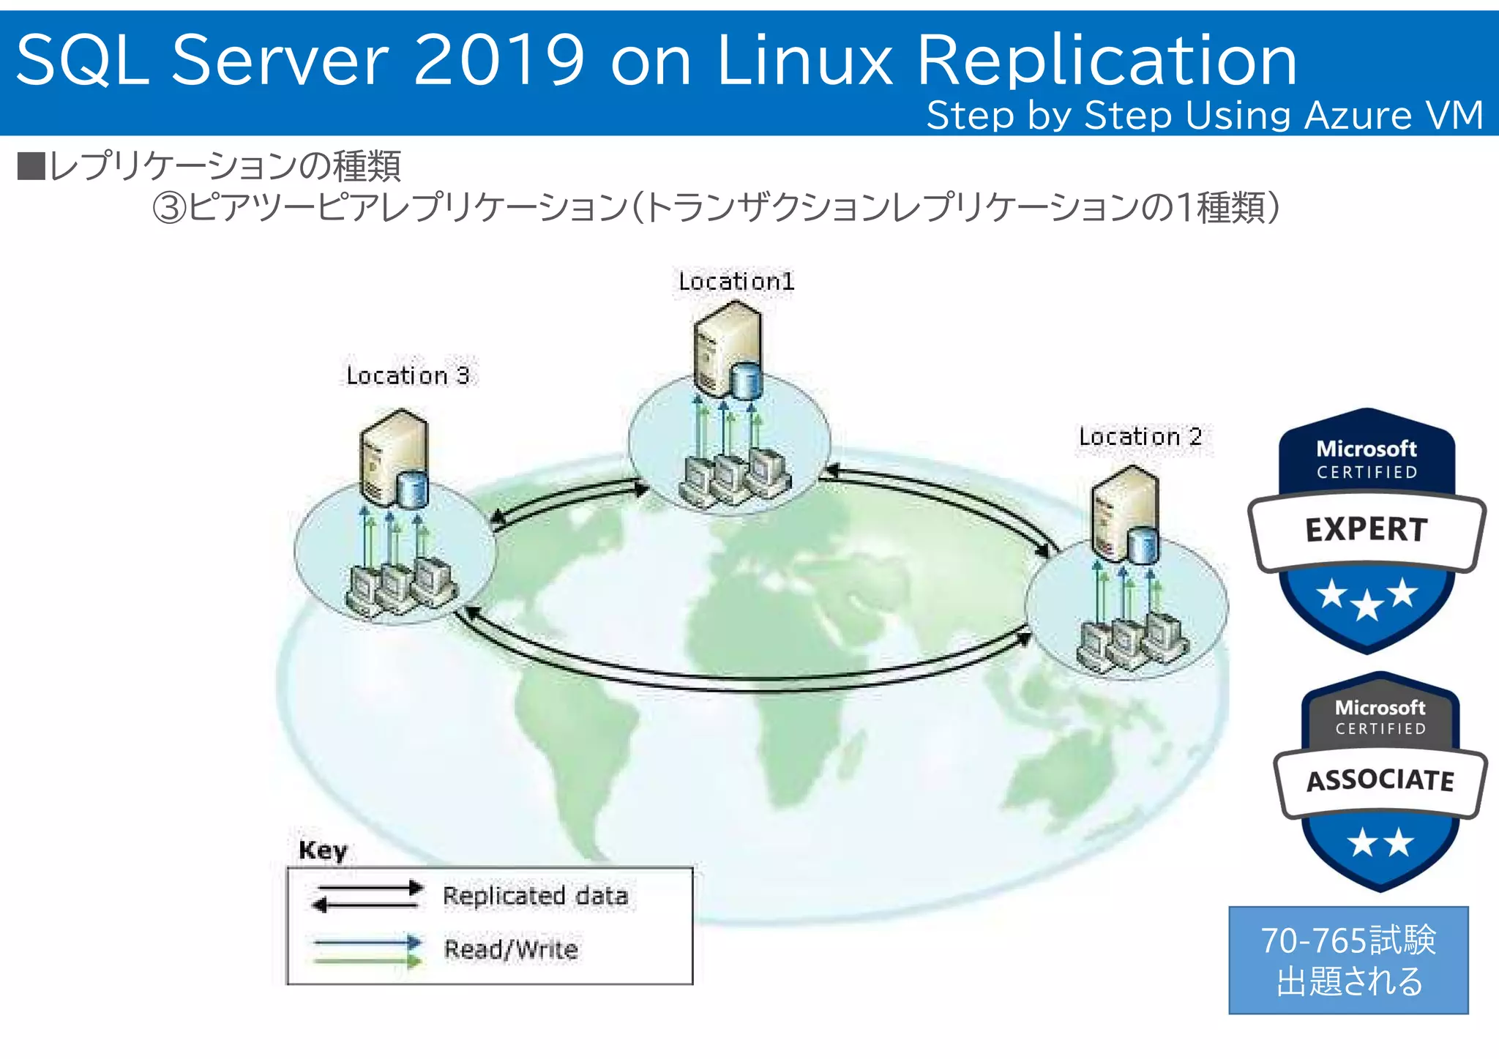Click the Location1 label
point(736,282)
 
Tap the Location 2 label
point(1140,437)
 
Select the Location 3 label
point(408,375)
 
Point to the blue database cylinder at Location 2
point(1143,545)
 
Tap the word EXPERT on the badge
point(1366,529)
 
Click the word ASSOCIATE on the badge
point(1380,780)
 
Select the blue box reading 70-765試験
point(1348,959)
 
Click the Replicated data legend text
point(535,896)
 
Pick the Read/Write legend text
point(511,949)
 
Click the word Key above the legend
point(323,850)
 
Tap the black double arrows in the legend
point(367,897)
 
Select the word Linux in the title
point(804,60)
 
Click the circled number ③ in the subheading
point(169,208)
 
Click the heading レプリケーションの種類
point(224,166)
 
